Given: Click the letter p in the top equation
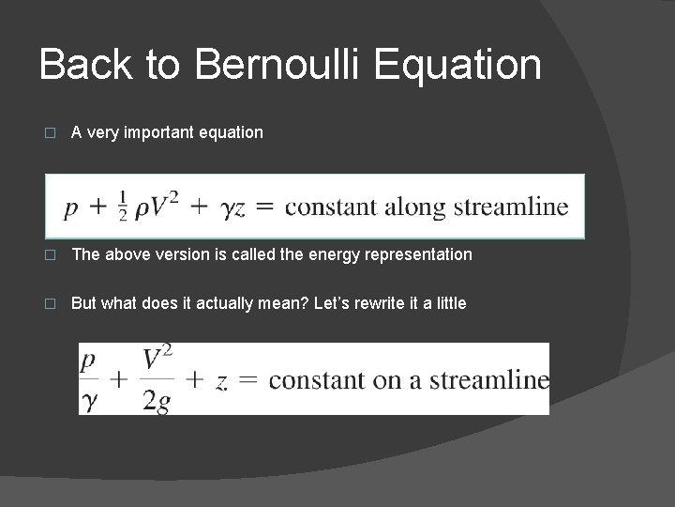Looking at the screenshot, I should [x=70, y=208].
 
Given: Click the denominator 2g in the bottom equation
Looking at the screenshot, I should [x=157, y=401].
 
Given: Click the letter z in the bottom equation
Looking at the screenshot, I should [x=221, y=382].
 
